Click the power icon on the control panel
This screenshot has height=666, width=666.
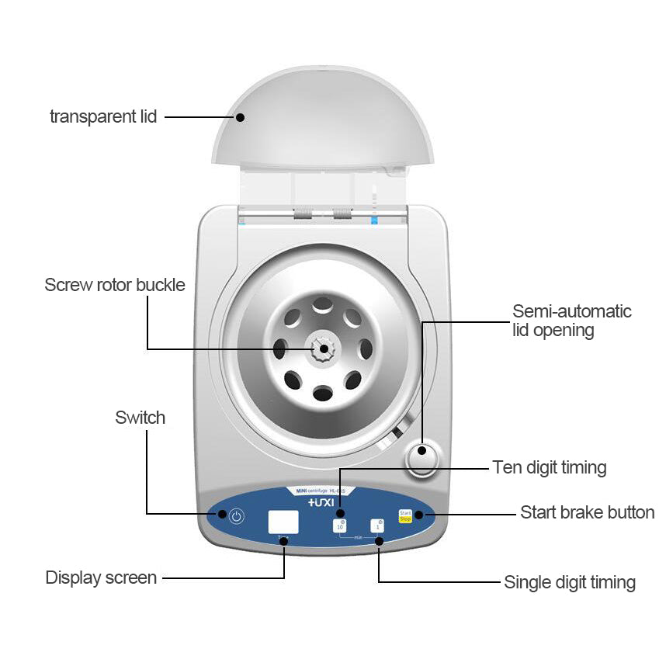click(x=235, y=515)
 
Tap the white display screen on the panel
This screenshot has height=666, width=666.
click(x=283, y=522)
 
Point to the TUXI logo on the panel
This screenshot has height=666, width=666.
click(x=321, y=503)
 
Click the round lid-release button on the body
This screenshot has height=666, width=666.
click(x=421, y=460)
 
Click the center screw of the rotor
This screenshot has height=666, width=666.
click(x=321, y=349)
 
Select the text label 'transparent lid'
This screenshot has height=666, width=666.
click(x=103, y=117)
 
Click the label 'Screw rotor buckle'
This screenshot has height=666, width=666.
click(x=115, y=285)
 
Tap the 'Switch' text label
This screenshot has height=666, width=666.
click(x=140, y=418)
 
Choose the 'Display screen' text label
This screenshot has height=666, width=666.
click(x=101, y=578)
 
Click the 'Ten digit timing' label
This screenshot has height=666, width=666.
click(x=549, y=467)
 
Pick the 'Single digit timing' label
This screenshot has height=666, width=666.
click(x=570, y=582)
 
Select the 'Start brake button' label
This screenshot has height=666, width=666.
click(x=587, y=512)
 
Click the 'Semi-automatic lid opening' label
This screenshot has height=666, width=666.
click(x=572, y=321)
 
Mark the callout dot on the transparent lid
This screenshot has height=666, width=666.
click(x=240, y=117)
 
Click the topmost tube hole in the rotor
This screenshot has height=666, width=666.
click(x=321, y=307)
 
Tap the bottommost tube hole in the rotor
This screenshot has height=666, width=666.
click(x=321, y=394)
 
